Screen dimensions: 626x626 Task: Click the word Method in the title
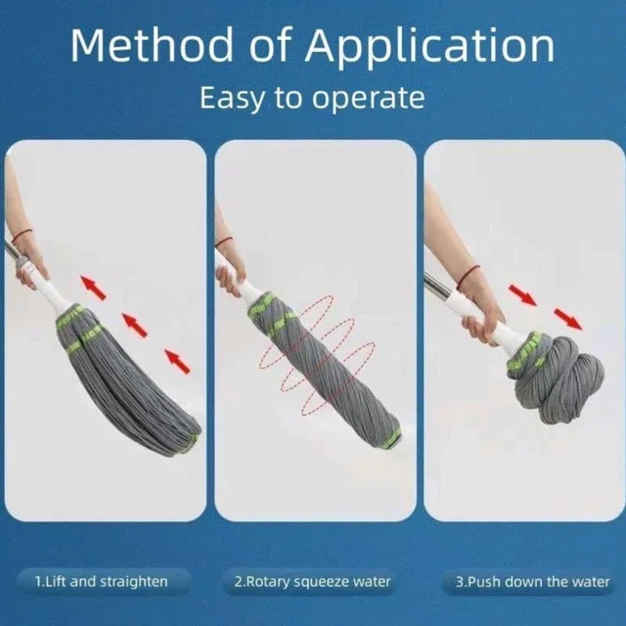click(x=152, y=44)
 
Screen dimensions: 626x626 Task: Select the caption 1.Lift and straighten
click(x=102, y=581)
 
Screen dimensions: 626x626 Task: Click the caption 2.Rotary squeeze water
click(x=312, y=582)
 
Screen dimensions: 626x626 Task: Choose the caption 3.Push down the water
click(x=533, y=582)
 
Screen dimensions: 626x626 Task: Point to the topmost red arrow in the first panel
click(x=94, y=288)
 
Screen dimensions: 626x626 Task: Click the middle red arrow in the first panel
click(x=135, y=325)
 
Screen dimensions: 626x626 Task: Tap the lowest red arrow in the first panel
click(x=177, y=361)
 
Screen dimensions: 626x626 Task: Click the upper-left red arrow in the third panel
click(x=522, y=295)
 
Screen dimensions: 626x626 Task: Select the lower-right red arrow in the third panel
click(x=568, y=319)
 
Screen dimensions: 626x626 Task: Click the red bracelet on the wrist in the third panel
click(x=468, y=276)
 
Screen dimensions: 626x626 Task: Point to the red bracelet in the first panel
click(x=22, y=235)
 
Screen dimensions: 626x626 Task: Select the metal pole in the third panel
click(x=438, y=286)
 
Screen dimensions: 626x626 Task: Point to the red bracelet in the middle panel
click(x=224, y=242)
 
